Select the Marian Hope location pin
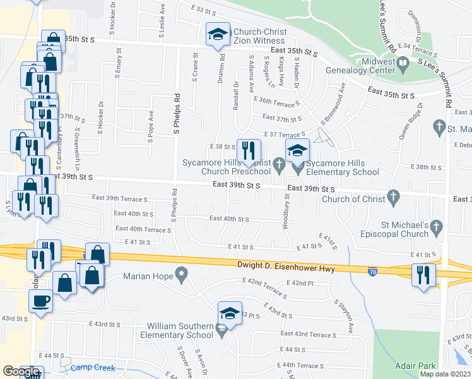(x=182, y=275)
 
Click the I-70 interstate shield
(x=374, y=270)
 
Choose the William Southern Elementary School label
(x=180, y=330)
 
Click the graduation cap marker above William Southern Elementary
(x=230, y=313)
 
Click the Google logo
(x=21, y=371)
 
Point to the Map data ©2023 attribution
(x=445, y=374)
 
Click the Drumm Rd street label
(x=223, y=66)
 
